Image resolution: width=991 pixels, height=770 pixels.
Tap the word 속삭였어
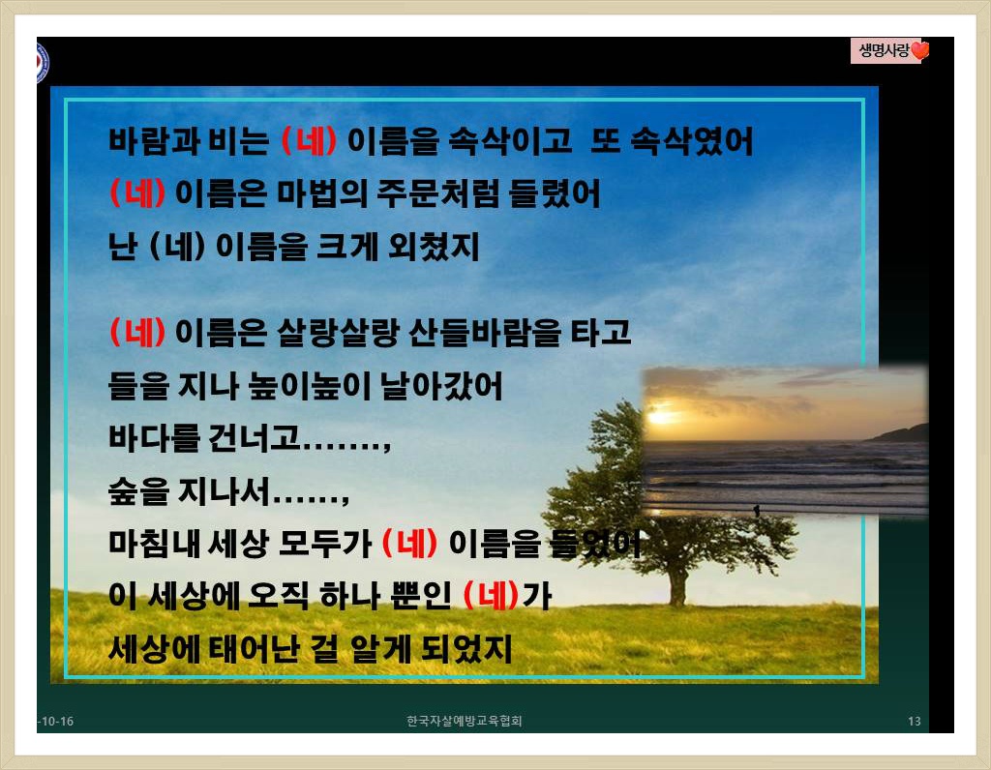point(692,140)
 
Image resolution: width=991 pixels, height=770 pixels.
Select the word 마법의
point(322,193)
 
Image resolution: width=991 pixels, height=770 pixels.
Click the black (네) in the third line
point(177,246)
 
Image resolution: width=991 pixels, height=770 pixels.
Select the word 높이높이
point(309,385)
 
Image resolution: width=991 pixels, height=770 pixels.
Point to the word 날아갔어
point(441,385)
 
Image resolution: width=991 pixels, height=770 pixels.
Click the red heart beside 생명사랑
point(920,50)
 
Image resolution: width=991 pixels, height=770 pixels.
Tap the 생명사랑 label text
point(885,50)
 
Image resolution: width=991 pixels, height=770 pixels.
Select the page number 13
point(914,721)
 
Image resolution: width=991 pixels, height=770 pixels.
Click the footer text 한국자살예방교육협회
point(464,721)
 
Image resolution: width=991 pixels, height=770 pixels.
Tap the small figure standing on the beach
point(757,510)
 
